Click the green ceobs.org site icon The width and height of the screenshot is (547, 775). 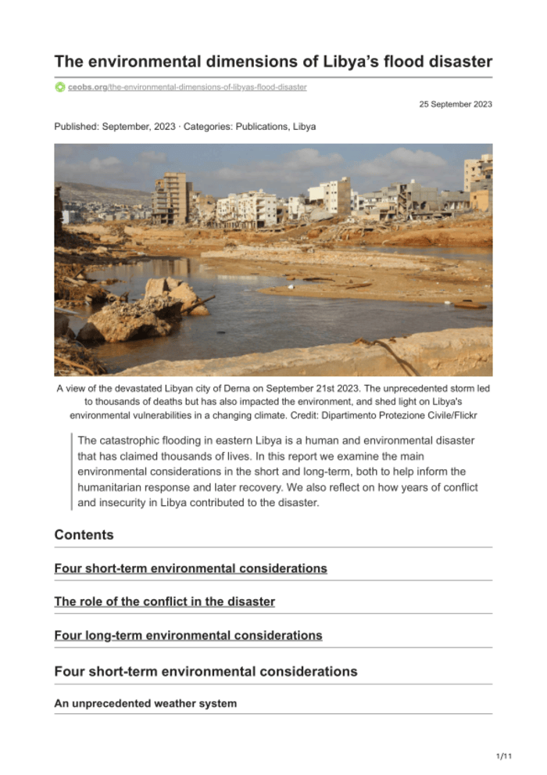tap(60, 87)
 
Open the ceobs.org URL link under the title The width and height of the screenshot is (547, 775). tap(187, 87)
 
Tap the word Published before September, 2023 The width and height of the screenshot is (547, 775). tap(77, 126)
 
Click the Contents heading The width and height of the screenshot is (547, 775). tap(84, 535)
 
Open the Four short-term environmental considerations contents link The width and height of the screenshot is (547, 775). tap(190, 569)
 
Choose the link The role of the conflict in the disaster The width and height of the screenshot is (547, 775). tap(164, 602)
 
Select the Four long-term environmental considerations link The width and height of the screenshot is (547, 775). tap(188, 636)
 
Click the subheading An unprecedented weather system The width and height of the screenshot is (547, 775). tap(145, 704)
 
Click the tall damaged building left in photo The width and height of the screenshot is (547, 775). tap(170, 199)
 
